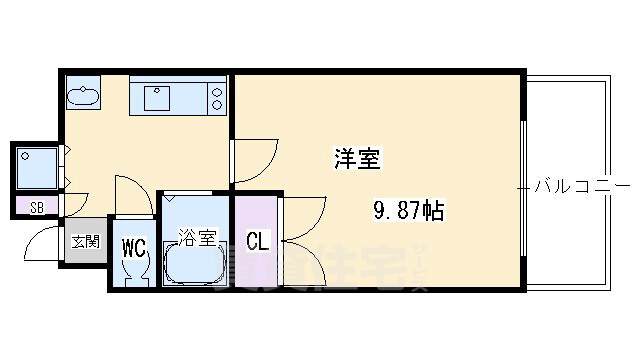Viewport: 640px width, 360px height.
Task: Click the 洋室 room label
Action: tap(357, 157)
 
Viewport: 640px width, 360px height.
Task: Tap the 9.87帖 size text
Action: tap(409, 211)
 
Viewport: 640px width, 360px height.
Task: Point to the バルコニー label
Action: tap(581, 186)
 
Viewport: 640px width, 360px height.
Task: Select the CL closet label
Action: tap(257, 242)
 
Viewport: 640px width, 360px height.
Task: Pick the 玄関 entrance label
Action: tap(84, 241)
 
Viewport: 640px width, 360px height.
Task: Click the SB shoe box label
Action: tap(37, 208)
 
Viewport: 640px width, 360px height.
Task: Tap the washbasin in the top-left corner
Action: tap(83, 98)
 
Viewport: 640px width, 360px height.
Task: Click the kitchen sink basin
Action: tap(157, 98)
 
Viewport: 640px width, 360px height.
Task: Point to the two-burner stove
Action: tap(216, 98)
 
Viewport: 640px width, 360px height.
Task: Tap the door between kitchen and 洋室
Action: tap(255, 160)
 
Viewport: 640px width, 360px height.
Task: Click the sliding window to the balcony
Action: tap(524, 184)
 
